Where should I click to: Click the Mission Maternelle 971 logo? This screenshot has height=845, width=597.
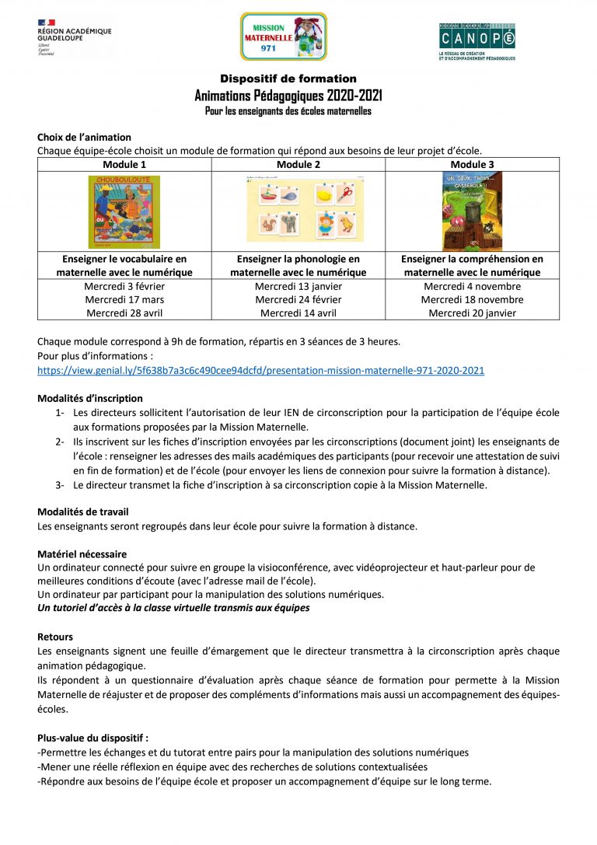click(x=283, y=37)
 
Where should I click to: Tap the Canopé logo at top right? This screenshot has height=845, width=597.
click(x=477, y=40)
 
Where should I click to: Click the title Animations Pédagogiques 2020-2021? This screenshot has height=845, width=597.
click(x=288, y=96)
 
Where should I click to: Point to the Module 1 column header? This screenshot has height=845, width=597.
click(x=124, y=165)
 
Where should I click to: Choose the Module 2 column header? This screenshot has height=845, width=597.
click(x=298, y=165)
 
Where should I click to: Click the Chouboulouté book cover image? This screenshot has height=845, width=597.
click(x=124, y=211)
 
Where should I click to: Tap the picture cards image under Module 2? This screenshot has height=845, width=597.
click(x=305, y=210)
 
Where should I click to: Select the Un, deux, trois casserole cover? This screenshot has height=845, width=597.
click(x=472, y=211)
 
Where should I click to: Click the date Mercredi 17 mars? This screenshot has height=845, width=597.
click(x=124, y=299)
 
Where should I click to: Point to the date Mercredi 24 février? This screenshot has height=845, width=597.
click(x=298, y=299)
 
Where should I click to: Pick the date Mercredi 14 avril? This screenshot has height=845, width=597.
click(x=298, y=313)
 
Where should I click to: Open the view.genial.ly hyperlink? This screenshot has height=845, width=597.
click(x=260, y=371)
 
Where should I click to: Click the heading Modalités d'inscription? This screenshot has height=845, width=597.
click(x=90, y=398)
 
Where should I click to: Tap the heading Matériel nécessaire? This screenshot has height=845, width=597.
click(x=82, y=554)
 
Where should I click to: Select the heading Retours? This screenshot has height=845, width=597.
click(x=54, y=637)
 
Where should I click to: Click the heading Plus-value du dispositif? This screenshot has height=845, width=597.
click(x=93, y=739)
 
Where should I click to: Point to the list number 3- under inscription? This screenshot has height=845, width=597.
click(x=59, y=485)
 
